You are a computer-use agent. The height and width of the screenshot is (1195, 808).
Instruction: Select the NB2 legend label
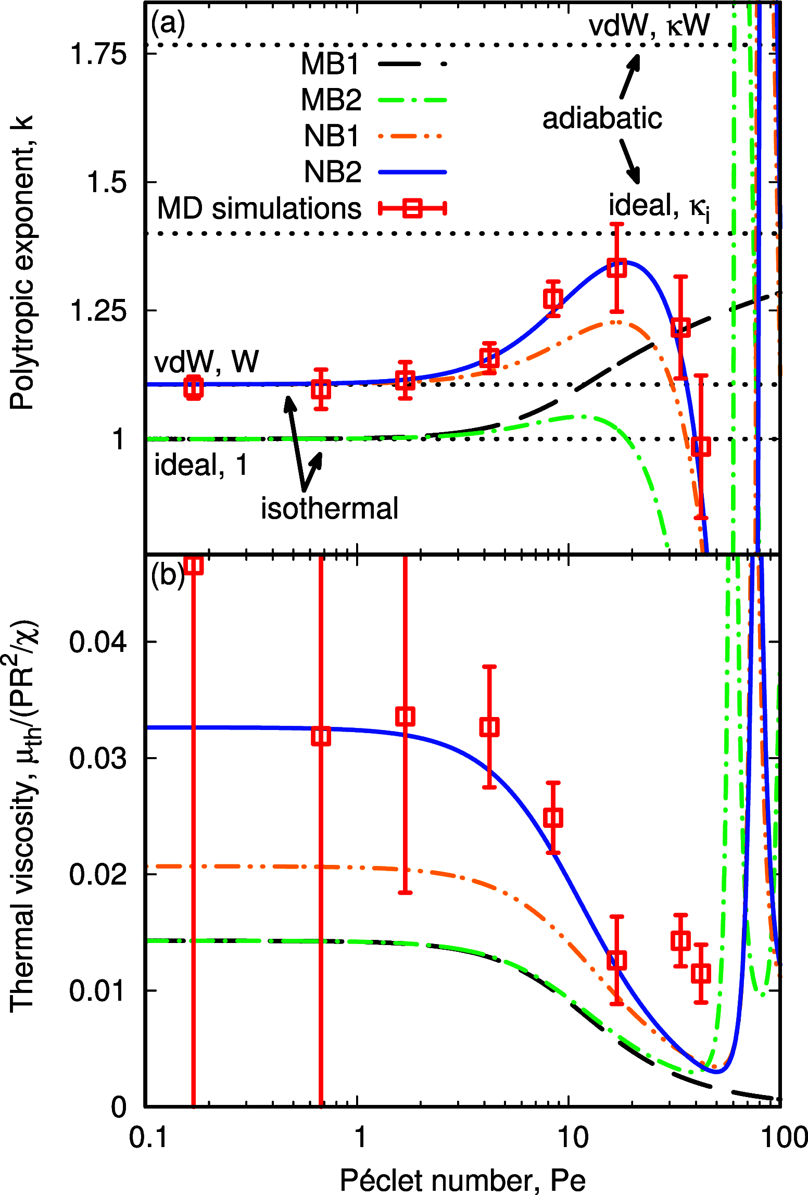332,172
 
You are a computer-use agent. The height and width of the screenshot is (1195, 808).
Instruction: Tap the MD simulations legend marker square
412,208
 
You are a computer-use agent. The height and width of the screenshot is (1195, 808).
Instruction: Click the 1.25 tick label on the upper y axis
98,311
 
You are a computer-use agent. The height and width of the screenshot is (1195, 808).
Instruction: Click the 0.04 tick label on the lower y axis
98,641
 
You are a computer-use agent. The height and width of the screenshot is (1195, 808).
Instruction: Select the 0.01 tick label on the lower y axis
98,990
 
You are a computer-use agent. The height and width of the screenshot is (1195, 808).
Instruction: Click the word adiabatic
602,119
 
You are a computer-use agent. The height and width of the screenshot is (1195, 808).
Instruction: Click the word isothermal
330,508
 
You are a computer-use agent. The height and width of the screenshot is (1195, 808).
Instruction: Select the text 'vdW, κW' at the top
649,24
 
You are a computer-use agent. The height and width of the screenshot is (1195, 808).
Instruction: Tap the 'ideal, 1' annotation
200,464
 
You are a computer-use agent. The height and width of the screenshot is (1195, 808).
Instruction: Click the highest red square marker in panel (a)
617,269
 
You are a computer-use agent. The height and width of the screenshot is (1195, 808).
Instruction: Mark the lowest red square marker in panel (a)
701,447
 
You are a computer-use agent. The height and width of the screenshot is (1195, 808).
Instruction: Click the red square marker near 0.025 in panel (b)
553,817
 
